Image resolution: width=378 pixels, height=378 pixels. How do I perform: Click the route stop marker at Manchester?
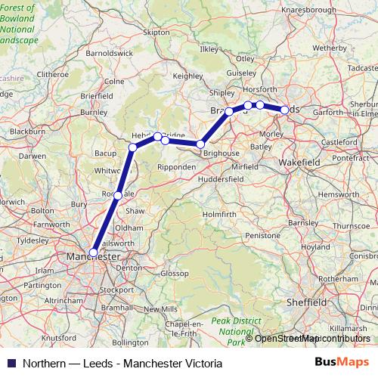click(94, 253)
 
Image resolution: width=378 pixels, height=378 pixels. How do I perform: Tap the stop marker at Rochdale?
click(118, 196)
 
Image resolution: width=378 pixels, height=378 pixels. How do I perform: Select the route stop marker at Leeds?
click(284, 110)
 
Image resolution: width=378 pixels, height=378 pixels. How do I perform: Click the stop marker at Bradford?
click(229, 112)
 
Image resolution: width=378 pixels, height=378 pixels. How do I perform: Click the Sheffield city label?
click(306, 302)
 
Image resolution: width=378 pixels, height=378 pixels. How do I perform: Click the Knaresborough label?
click(308, 10)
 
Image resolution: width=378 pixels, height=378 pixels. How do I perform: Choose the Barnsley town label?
click(302, 224)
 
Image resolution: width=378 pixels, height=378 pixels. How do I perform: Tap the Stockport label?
click(116, 289)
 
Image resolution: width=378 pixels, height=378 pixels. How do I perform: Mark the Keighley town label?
click(188, 76)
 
